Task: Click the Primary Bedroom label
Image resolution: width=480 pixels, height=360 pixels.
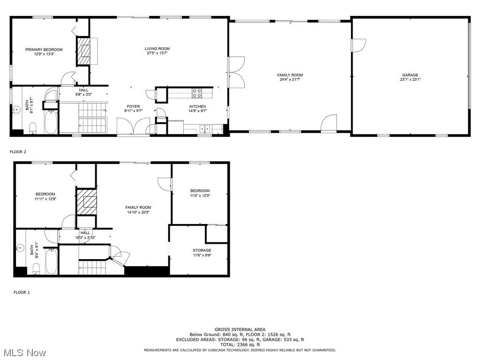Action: (x=44, y=50)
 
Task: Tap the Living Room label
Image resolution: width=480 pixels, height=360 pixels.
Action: (x=157, y=49)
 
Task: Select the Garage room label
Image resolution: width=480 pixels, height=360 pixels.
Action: (x=410, y=75)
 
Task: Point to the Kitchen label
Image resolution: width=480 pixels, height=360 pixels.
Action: (x=197, y=106)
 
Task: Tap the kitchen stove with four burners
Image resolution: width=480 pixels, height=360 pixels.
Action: (x=197, y=93)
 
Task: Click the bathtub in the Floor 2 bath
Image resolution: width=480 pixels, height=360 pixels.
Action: (x=51, y=121)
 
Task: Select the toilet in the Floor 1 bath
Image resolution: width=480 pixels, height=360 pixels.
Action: (x=37, y=269)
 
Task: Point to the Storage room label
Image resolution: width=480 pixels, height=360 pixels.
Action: (x=202, y=250)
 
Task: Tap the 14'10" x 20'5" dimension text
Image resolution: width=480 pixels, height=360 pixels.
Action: (x=138, y=212)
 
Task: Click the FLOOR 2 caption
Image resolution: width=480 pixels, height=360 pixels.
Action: (x=18, y=152)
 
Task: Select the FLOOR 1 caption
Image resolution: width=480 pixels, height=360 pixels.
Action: (x=22, y=292)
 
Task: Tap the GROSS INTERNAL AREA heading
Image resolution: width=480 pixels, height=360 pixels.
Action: (x=240, y=330)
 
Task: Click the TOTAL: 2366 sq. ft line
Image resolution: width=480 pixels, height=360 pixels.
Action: (x=240, y=345)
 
